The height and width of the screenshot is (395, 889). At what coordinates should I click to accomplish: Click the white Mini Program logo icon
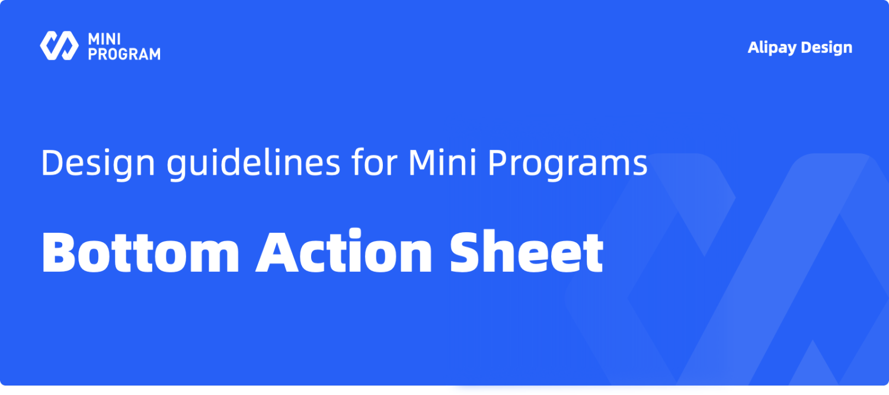click(59, 46)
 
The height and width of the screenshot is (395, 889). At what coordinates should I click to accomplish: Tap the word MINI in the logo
click(104, 39)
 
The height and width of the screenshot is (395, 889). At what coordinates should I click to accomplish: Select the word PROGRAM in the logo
click(124, 54)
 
